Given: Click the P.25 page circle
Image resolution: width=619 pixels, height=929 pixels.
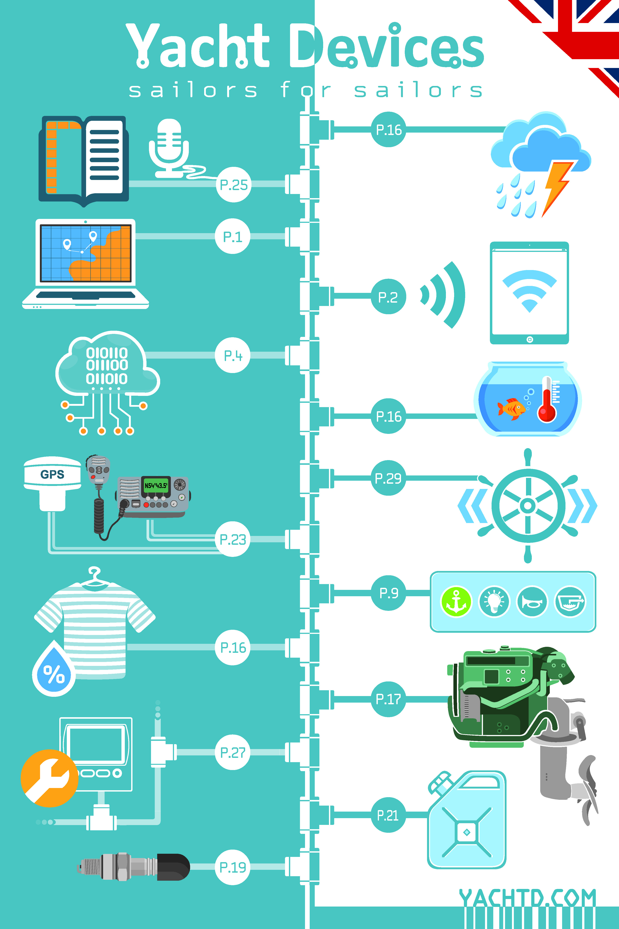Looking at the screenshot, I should (233, 184).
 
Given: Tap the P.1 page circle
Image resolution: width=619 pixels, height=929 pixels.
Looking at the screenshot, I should (233, 236).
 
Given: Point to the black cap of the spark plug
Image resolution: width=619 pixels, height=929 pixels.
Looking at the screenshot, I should (173, 867).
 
